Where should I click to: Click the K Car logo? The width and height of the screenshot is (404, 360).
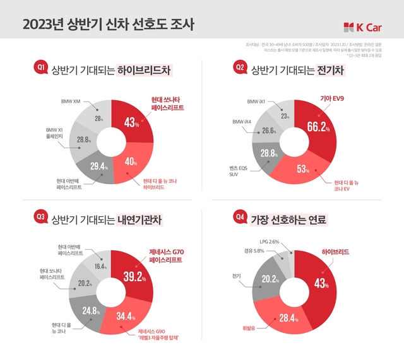[363, 26]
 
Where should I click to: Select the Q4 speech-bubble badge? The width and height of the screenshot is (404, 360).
[240, 218]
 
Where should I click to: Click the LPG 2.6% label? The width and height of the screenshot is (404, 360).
[269, 242]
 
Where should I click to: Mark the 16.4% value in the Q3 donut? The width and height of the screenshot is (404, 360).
[101, 267]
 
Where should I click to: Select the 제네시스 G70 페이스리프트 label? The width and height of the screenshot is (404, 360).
[165, 255]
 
